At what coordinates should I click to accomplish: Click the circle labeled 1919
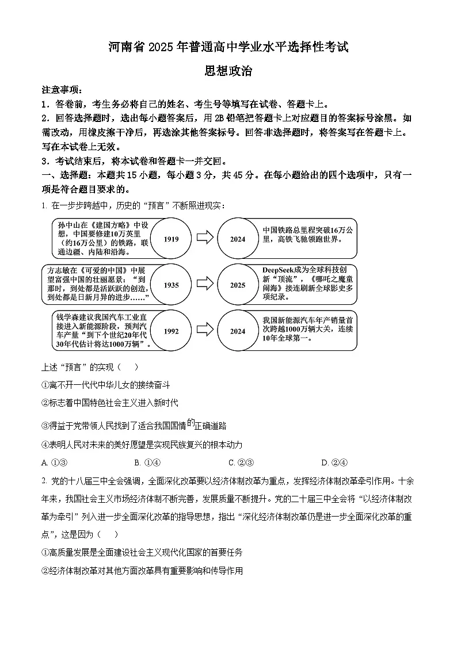(171, 239)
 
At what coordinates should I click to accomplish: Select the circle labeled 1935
(171, 285)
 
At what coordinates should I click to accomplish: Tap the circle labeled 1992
(171, 331)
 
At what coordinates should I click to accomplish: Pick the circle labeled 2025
(238, 285)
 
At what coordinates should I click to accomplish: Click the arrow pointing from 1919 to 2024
(204, 239)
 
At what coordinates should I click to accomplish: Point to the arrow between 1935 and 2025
(204, 285)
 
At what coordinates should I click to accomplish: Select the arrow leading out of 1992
(204, 331)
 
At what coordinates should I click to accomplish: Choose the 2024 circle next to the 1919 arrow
(238, 239)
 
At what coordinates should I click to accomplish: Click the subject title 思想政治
(228, 71)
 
